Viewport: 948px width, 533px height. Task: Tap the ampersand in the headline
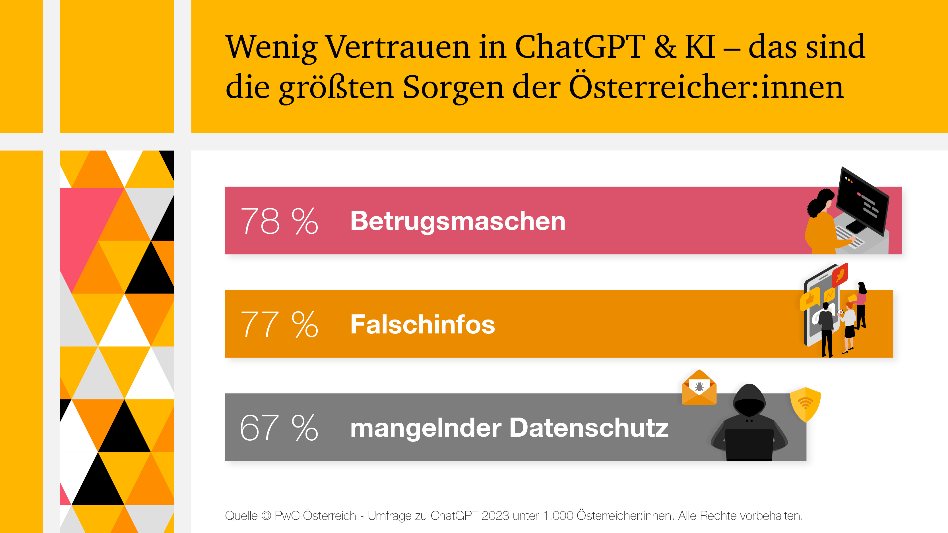pyautogui.click(x=665, y=47)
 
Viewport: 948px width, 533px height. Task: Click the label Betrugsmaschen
pyautogui.click(x=457, y=221)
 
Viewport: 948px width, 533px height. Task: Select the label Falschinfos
pyautogui.click(x=422, y=324)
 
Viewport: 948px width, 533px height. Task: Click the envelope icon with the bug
pyautogui.click(x=699, y=388)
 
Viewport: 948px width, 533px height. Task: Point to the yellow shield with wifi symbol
pyautogui.click(x=805, y=404)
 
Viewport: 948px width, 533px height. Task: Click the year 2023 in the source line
pyautogui.click(x=495, y=516)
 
